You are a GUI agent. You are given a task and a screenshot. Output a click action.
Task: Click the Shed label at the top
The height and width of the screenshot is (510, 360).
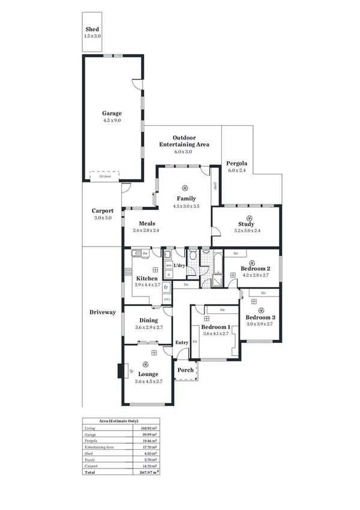click(92, 29)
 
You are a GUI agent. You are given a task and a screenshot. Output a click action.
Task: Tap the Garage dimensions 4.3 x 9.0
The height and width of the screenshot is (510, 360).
click(112, 120)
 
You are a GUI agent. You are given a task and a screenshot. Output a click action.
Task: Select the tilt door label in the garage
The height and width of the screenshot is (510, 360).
click(105, 176)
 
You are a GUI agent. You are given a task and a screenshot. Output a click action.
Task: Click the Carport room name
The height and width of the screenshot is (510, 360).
click(103, 211)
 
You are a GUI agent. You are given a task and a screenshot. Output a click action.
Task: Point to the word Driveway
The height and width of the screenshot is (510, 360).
click(102, 312)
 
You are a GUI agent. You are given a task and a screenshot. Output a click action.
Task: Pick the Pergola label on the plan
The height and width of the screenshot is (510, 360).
click(237, 164)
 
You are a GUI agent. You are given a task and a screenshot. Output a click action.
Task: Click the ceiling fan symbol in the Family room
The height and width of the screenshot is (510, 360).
click(186, 186)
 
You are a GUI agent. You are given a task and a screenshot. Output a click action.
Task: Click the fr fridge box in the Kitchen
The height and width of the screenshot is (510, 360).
click(166, 288)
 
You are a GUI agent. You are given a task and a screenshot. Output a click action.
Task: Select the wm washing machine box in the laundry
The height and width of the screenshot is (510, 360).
click(168, 265)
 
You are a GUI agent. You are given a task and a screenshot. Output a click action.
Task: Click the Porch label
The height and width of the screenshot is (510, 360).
click(186, 370)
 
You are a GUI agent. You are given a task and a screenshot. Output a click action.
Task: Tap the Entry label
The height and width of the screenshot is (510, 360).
click(182, 343)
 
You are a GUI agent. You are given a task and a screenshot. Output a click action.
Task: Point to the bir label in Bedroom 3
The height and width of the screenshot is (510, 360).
click(263, 293)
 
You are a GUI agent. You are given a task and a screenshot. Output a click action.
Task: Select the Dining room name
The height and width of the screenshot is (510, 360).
click(148, 321)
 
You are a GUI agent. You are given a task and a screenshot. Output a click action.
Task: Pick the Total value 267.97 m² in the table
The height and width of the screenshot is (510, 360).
click(148, 472)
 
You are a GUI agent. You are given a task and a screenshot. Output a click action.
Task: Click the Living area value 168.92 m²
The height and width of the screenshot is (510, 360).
click(149, 428)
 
